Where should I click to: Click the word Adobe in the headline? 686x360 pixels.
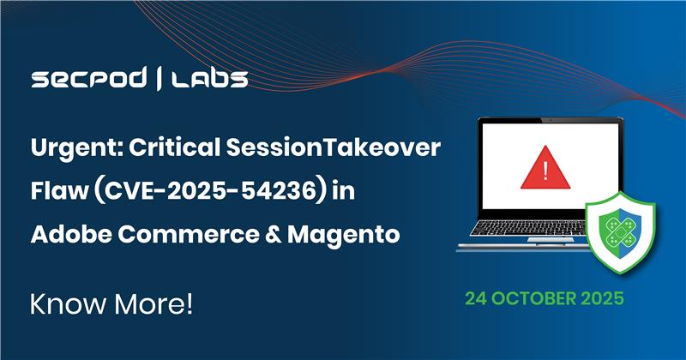(x=68, y=233)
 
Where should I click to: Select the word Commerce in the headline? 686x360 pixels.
(x=189, y=233)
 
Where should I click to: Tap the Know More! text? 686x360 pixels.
(x=101, y=306)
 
